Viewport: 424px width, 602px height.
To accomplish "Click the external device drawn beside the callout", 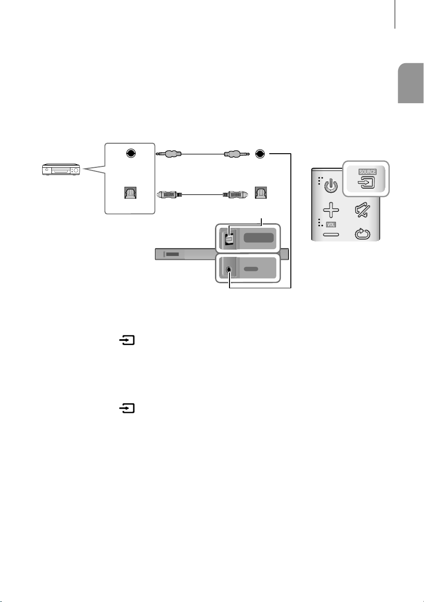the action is click(61, 169).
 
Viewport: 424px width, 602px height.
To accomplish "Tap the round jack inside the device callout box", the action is click(131, 153).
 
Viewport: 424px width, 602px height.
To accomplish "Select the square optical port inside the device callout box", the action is click(130, 193).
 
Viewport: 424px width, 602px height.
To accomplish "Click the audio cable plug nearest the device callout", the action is click(169, 154).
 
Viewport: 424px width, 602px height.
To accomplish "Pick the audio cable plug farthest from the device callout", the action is click(237, 154).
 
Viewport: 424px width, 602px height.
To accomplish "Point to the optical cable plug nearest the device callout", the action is click(169, 194).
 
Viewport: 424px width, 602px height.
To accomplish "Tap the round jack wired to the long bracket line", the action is click(260, 154).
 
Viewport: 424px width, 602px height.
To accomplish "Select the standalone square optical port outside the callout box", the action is click(261, 193).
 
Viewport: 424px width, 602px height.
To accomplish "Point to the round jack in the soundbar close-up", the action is click(229, 269).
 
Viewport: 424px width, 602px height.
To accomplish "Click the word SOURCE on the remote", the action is click(367, 172).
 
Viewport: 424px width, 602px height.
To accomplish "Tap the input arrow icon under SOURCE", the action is click(366, 183).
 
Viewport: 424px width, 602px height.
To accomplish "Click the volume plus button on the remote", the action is click(331, 210).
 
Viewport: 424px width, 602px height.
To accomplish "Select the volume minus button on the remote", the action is click(331, 235).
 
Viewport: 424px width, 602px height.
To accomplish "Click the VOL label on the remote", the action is click(331, 225).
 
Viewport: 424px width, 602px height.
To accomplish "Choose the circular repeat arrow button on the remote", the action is click(363, 234).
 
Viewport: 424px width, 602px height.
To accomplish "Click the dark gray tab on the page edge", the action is click(410, 83).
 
